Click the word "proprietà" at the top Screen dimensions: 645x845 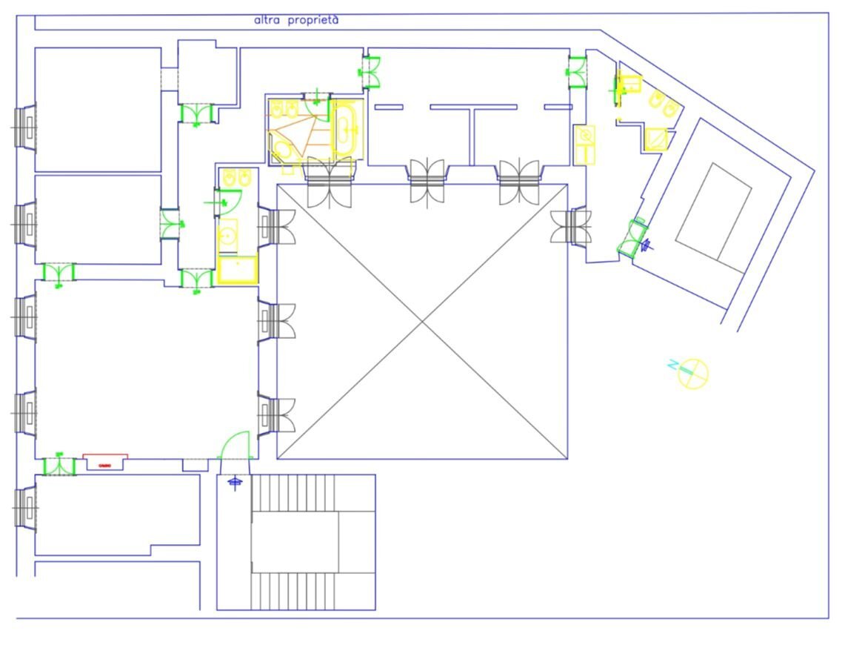click(312, 21)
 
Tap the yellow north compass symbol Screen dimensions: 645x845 click(694, 374)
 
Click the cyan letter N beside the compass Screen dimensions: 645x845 click(673, 365)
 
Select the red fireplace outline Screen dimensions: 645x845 click(104, 461)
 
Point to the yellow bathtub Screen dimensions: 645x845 click(344, 130)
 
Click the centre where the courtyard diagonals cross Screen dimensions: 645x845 click(422, 321)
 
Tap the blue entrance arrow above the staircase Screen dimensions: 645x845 click(236, 483)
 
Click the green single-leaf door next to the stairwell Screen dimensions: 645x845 click(236, 444)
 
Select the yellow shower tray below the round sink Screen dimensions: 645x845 click(237, 269)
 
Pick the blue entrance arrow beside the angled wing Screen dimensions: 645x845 click(649, 242)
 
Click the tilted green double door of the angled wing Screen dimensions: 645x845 click(633, 236)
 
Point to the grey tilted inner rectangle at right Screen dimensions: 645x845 click(714, 212)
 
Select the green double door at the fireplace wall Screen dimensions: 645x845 click(59, 466)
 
